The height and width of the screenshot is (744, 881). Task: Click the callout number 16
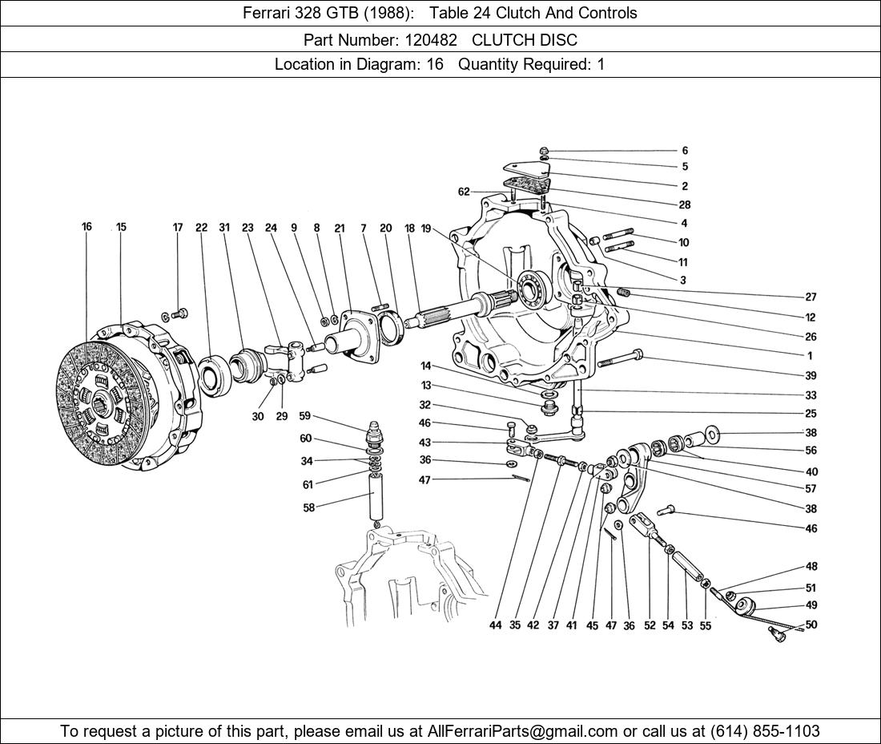tap(86, 227)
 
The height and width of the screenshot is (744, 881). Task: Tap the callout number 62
tap(464, 192)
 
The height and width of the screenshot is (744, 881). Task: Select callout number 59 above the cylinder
tap(305, 416)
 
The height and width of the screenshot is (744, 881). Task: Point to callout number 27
tap(811, 297)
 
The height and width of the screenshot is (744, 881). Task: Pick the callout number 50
tap(811, 625)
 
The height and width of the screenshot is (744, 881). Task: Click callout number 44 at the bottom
tap(496, 625)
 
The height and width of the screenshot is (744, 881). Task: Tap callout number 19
tap(426, 228)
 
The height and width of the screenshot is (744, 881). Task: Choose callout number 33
tap(811, 395)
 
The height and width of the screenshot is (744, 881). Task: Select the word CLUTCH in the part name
tap(502, 39)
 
